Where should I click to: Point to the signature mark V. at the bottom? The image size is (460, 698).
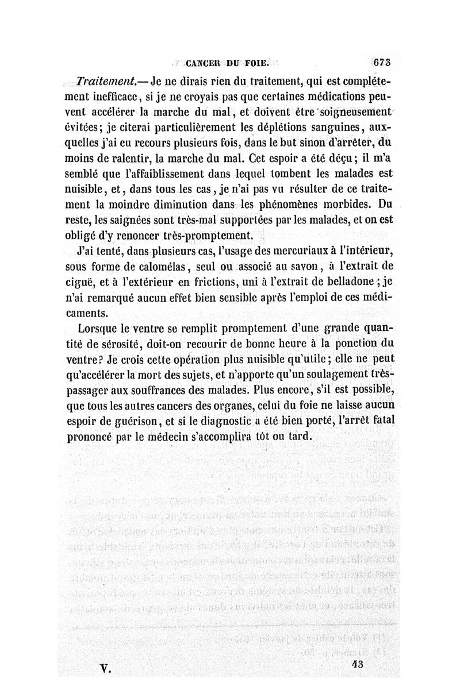[x=105, y=666]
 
